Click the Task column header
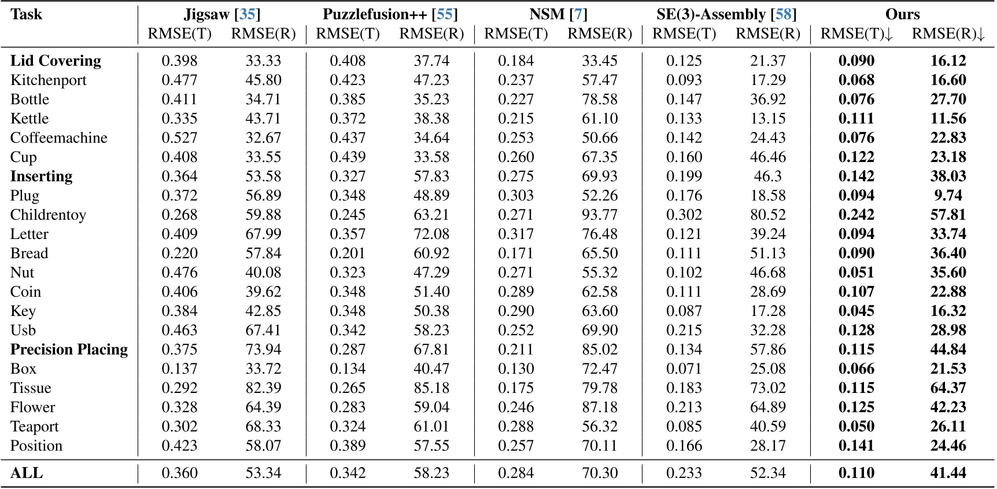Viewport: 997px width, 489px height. pyautogui.click(x=26, y=14)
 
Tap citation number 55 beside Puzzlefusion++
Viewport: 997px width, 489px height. pyautogui.click(x=444, y=14)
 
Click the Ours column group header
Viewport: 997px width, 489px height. pyautogui.click(x=902, y=14)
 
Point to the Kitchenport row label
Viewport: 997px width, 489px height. pyautogui.click(x=49, y=80)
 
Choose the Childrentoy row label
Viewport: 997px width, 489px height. pyautogui.click(x=48, y=215)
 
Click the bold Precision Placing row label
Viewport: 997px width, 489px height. pyautogui.click(x=69, y=350)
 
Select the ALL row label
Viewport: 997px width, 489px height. pyautogui.click(x=27, y=473)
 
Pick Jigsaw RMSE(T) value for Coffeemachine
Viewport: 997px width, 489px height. pyautogui.click(x=179, y=138)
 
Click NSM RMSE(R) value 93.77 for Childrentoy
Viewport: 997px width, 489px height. pyautogui.click(x=600, y=215)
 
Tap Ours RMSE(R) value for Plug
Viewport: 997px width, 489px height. pyautogui.click(x=948, y=196)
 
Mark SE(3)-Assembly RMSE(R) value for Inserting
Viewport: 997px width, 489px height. pyautogui.click(x=768, y=177)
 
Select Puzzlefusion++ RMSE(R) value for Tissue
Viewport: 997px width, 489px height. pyautogui.click(x=431, y=388)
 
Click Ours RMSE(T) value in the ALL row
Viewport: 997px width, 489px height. pyautogui.click(x=856, y=473)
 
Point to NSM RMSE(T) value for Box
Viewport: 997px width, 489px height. pyautogui.click(x=516, y=369)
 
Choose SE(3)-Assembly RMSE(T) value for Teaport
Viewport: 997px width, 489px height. pyautogui.click(x=684, y=427)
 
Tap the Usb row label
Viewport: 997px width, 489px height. pyautogui.click(x=23, y=330)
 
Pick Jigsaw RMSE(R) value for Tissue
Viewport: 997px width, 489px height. pyautogui.click(x=263, y=388)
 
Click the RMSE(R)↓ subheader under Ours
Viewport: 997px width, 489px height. pyautogui.click(x=948, y=34)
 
